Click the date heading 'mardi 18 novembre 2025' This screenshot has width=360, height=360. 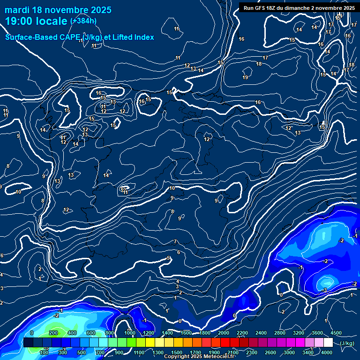pos(58,10)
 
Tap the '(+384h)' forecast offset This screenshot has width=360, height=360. pos(83,21)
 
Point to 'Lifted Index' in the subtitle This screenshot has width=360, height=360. pos(133,37)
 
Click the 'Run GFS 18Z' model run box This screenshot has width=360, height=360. pos(299,7)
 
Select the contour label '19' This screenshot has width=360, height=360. pos(245,77)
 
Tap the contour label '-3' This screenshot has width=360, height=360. pos(324,291)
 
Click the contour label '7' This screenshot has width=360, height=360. pos(175,242)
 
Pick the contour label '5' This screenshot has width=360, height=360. pos(168,258)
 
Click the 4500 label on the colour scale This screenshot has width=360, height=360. pos(336,333)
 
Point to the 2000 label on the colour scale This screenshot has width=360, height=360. pos(223,333)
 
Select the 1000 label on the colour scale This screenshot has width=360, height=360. pos(129,333)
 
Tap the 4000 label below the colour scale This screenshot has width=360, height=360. pos(327,352)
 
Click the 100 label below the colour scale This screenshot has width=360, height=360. pos(45,352)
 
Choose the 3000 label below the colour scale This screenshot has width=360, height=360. pos(289,352)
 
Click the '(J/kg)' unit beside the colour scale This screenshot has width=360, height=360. pos(346,343)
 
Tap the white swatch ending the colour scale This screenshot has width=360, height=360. pos(328,343)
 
